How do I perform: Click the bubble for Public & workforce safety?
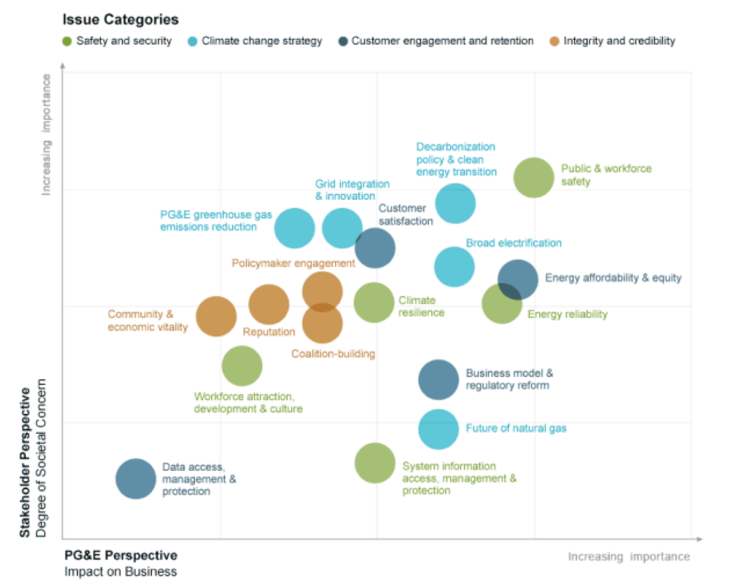coord(533,177)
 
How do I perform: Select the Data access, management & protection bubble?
coord(136,479)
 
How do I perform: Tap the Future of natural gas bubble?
coord(438,430)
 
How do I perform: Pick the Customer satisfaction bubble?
coord(375,248)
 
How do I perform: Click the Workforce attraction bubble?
coord(242,366)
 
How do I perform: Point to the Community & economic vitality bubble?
coord(216,316)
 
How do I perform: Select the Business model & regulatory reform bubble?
coord(438,379)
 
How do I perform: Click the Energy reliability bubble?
coord(501,304)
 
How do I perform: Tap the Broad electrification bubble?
coord(454,266)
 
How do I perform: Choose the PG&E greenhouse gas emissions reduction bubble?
coord(295,228)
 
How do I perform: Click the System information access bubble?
coord(375,463)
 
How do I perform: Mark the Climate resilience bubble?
coord(373,302)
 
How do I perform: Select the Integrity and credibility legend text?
coord(618,41)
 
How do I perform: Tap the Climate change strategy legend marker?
coord(193,41)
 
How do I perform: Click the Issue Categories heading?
coord(121,20)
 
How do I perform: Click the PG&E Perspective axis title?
coord(121,555)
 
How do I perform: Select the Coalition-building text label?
coord(333,354)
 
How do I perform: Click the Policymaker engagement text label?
coord(293,263)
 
